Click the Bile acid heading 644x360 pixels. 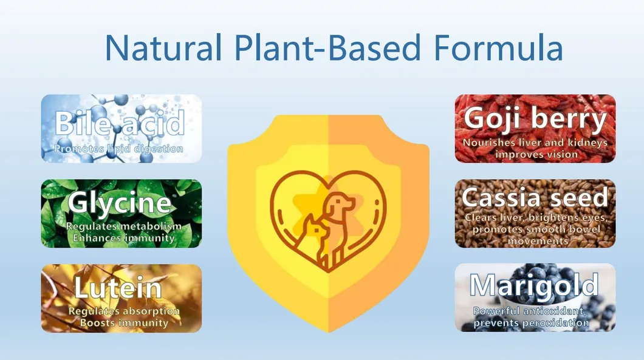click(120, 123)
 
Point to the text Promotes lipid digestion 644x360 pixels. click(118, 148)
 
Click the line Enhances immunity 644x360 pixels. click(124, 238)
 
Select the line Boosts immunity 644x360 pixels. click(124, 323)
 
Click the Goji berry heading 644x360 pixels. click(535, 120)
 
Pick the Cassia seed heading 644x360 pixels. click(535, 198)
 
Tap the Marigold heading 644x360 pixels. click(535, 285)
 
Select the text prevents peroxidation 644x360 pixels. click(532, 323)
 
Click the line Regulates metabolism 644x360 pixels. click(124, 226)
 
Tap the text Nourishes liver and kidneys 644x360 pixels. click(535, 143)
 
